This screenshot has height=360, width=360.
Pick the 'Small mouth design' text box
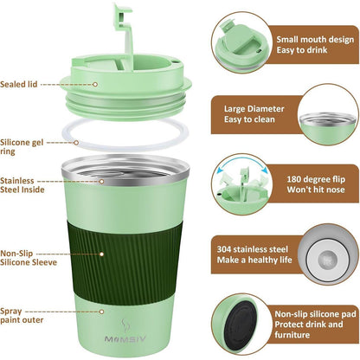coord(313,44)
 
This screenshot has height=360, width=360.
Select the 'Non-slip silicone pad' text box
coord(313,324)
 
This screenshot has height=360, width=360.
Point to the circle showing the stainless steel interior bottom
coord(326,257)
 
